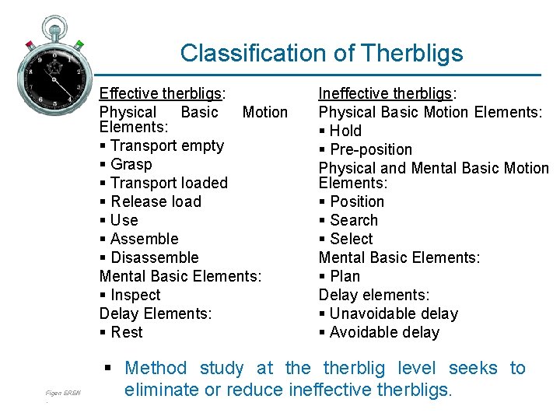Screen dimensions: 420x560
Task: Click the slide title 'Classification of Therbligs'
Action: click(321, 53)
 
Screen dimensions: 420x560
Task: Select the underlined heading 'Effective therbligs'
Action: click(161, 93)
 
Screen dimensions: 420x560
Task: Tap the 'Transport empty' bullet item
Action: click(166, 145)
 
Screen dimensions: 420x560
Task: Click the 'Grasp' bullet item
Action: click(131, 164)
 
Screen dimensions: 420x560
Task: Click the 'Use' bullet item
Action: click(124, 220)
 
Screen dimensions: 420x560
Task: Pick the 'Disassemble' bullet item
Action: click(154, 257)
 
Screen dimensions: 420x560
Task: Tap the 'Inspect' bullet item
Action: click(135, 295)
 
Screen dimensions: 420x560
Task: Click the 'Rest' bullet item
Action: click(126, 332)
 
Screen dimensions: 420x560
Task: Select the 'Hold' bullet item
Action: click(345, 131)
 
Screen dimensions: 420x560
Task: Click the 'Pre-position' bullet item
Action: click(370, 149)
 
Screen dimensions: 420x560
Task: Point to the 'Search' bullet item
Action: click(353, 220)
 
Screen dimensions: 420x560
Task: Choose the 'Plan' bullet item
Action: click(345, 276)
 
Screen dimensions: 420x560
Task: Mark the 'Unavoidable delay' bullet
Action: click(394, 313)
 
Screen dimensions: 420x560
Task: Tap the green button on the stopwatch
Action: click(79, 44)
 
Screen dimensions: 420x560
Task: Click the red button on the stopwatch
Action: click(29, 44)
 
